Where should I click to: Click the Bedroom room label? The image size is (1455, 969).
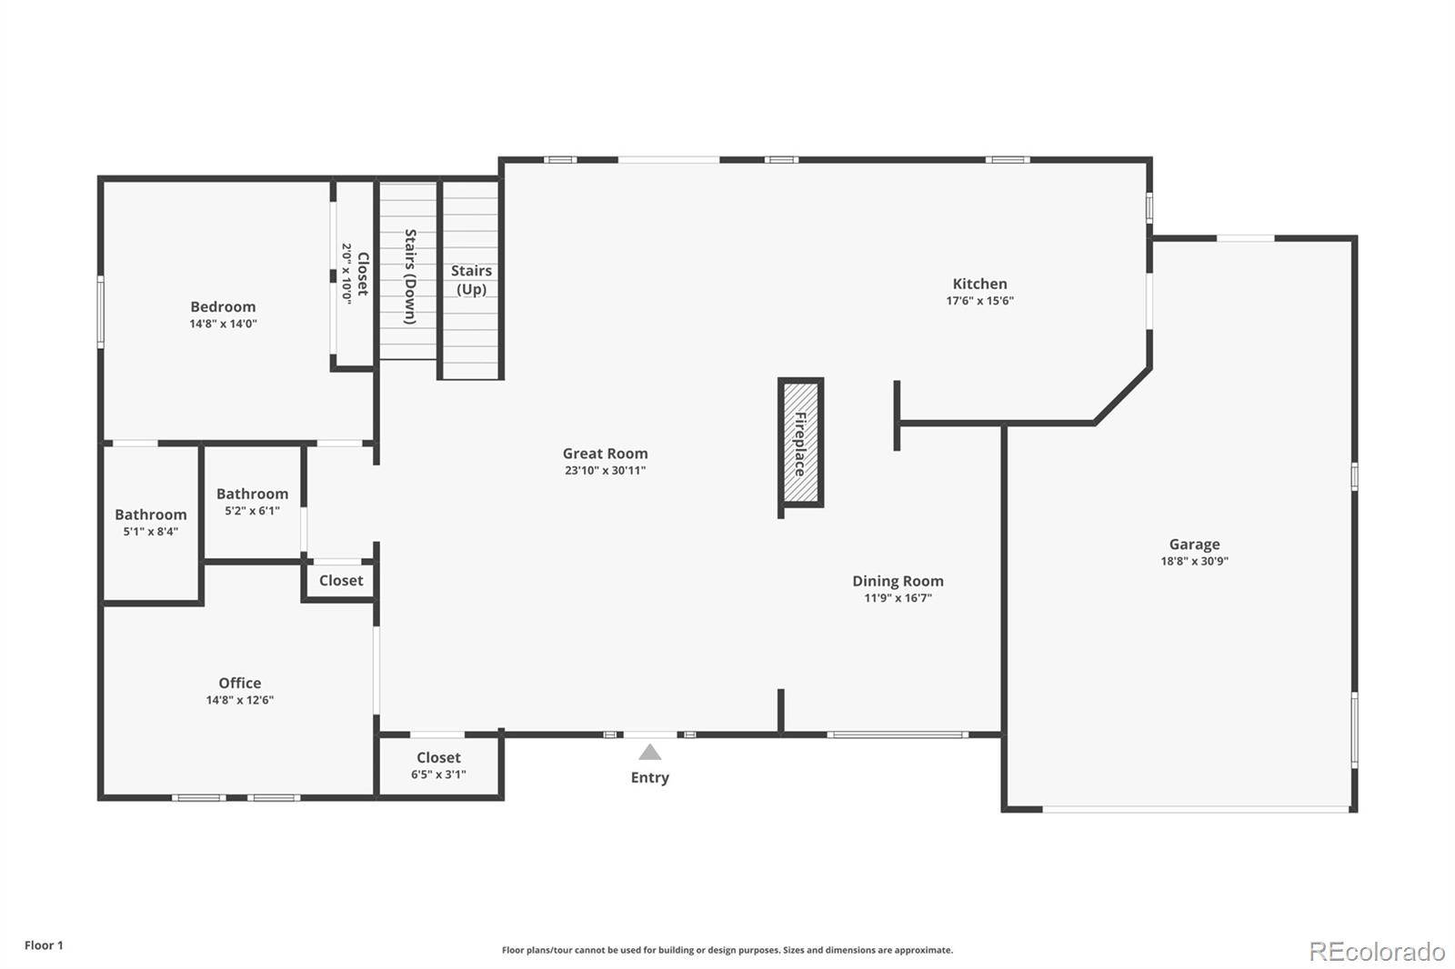click(x=223, y=306)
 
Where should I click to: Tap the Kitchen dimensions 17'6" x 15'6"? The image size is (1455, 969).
click(x=979, y=301)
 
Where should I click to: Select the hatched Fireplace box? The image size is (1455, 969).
click(x=800, y=443)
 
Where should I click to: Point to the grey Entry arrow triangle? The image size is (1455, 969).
click(x=649, y=752)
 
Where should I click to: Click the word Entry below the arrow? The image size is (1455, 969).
click(x=649, y=777)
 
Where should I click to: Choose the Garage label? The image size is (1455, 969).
click(x=1195, y=544)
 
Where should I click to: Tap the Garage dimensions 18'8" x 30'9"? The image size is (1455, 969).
click(x=1195, y=561)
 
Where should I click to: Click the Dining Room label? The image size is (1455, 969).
click(x=898, y=581)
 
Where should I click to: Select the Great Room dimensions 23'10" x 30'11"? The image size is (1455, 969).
click(x=605, y=470)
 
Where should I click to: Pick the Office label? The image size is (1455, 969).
click(x=240, y=683)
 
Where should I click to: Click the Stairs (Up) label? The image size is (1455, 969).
click(x=471, y=280)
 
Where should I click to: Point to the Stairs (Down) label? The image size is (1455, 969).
click(x=410, y=276)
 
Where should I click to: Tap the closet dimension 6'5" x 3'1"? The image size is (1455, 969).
click(x=438, y=774)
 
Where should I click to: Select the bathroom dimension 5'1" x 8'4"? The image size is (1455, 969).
click(x=151, y=531)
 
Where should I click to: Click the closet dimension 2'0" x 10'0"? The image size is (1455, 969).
click(x=346, y=274)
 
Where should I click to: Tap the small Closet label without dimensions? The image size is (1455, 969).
click(x=341, y=580)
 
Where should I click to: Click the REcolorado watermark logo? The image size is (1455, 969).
click(x=1377, y=952)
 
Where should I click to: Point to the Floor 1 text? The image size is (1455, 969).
click(x=45, y=945)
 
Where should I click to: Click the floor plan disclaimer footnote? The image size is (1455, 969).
click(x=727, y=950)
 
